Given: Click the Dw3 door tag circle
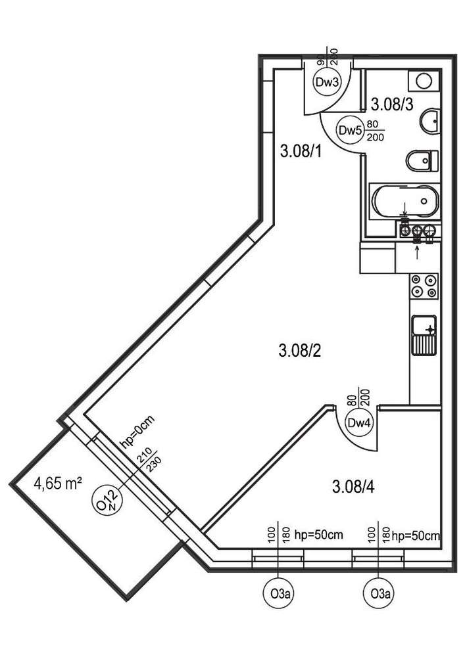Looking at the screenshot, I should [327, 83].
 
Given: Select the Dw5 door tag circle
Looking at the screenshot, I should [350, 130].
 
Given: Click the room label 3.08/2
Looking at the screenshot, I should [299, 351].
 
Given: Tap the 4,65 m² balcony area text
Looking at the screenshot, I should [58, 484].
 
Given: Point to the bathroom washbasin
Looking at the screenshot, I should [429, 120].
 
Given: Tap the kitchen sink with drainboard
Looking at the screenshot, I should [424, 336].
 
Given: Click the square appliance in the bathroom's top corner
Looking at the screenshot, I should [423, 81].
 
